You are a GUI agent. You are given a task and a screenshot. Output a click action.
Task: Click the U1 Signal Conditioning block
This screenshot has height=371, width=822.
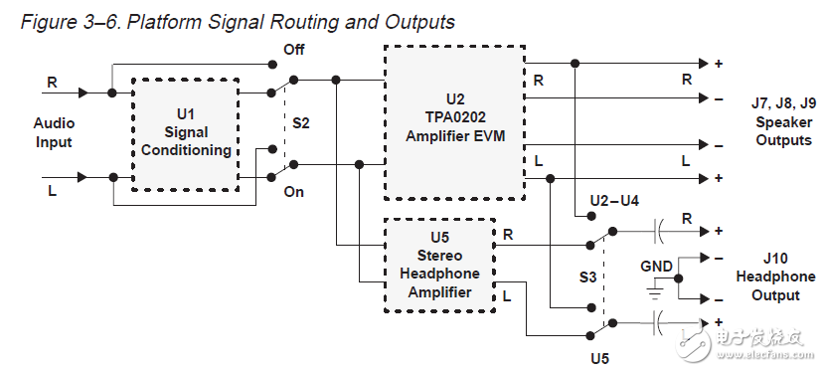tap(185, 134)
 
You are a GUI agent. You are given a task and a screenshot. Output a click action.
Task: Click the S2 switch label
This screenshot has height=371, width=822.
tap(300, 124)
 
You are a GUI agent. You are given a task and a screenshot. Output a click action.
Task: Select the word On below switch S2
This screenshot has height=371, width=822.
tap(293, 192)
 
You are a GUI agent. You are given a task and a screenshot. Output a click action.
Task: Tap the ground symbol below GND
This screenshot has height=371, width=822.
tap(653, 291)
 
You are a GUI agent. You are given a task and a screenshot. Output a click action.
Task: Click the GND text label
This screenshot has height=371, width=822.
tap(656, 267)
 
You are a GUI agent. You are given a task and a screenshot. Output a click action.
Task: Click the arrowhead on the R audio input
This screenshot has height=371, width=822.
tap(82, 93)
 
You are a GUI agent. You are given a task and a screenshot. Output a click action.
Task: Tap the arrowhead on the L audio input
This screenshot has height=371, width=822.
tap(82, 177)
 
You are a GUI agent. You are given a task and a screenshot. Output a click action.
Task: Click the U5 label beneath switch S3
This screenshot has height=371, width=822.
tap(598, 355)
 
